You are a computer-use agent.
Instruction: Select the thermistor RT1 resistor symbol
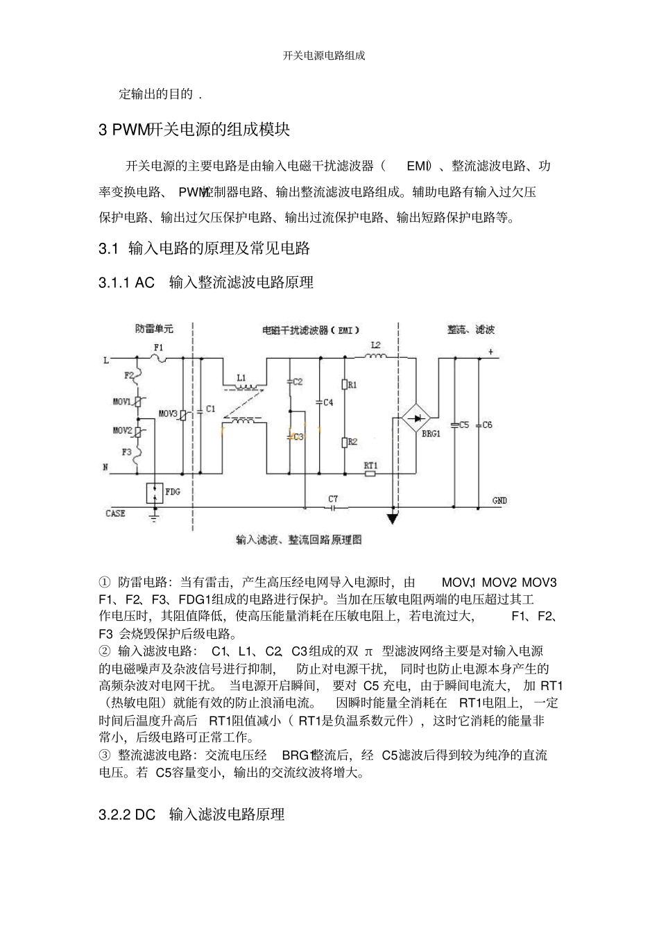click(x=370, y=474)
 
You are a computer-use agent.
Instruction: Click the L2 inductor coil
click(x=375, y=357)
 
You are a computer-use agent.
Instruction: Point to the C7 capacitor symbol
click(x=333, y=508)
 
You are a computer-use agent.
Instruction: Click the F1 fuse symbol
click(x=159, y=358)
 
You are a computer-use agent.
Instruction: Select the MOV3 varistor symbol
click(x=182, y=415)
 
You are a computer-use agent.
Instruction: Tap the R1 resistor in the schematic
click(x=344, y=384)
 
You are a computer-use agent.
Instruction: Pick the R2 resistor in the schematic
click(x=344, y=442)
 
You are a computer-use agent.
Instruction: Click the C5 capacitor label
click(x=463, y=425)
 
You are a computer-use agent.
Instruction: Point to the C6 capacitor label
click(x=487, y=425)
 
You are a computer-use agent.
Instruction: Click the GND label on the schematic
click(x=499, y=500)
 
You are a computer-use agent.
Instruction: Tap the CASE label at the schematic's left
click(x=115, y=513)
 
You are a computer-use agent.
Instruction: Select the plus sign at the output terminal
click(x=490, y=352)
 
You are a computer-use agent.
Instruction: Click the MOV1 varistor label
click(x=122, y=402)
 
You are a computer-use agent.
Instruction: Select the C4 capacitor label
click(x=328, y=402)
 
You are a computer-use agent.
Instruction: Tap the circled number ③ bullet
click(x=105, y=755)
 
